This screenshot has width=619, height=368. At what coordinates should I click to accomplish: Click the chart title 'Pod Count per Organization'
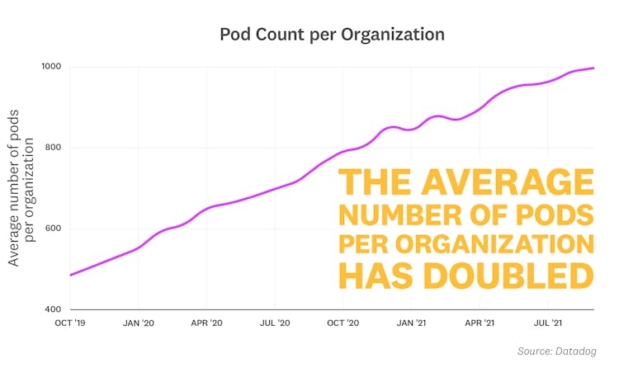(x=332, y=35)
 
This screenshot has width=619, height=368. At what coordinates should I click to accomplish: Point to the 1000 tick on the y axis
(x=51, y=67)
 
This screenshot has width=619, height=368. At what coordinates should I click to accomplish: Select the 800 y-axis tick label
(x=53, y=148)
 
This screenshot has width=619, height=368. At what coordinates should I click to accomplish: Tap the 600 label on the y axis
(x=53, y=229)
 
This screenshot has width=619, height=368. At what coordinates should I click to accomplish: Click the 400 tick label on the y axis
(x=53, y=309)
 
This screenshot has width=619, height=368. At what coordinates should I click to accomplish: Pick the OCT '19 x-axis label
(x=69, y=323)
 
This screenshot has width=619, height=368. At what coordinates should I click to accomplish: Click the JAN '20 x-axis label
(x=138, y=323)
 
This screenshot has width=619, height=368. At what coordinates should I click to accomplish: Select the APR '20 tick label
(x=206, y=323)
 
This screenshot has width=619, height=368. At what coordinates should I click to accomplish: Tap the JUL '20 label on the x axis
(x=274, y=323)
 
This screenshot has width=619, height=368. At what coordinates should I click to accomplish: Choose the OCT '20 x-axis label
(x=343, y=323)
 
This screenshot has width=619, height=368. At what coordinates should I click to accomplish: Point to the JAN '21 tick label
(x=411, y=323)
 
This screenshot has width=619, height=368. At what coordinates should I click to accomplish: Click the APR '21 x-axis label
(x=480, y=323)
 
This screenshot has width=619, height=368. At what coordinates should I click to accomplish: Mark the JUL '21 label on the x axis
(x=547, y=323)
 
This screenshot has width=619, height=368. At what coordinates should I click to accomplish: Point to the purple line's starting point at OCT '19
(x=70, y=275)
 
